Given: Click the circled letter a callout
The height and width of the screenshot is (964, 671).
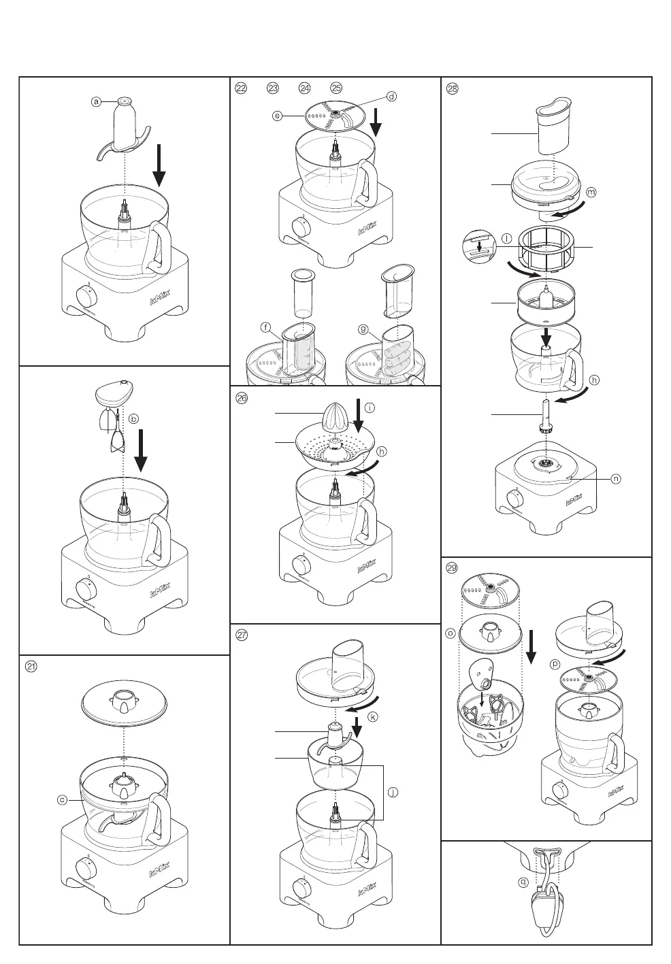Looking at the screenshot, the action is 97,101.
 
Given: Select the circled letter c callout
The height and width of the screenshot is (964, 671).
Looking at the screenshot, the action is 62,800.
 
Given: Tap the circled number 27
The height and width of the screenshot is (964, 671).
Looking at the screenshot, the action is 241,635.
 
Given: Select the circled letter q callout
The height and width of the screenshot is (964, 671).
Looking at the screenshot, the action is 523,881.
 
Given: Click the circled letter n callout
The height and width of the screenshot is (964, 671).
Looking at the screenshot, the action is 615,479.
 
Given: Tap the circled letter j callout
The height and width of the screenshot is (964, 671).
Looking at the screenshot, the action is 392,792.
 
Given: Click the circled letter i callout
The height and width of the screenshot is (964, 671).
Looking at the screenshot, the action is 370,408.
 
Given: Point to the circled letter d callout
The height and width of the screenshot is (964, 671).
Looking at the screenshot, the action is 391,97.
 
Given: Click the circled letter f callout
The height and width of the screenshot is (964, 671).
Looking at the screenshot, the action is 264,328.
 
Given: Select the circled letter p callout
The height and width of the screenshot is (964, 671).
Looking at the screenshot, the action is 555,662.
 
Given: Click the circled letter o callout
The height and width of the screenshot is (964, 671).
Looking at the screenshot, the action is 450,633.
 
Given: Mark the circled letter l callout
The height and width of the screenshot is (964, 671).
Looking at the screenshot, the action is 506,237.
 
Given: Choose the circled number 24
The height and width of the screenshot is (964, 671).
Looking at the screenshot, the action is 304,88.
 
